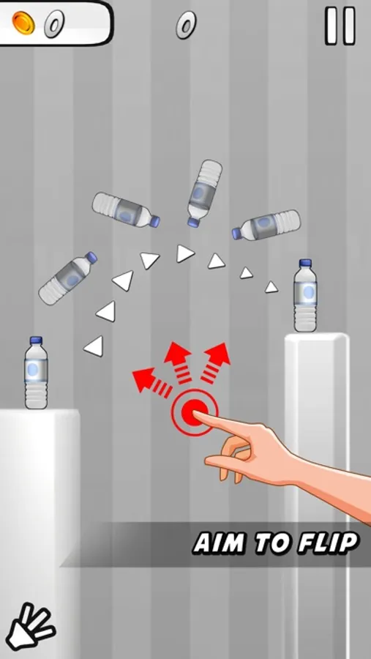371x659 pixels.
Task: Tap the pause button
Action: [341, 26]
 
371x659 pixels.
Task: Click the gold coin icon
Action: [24, 23]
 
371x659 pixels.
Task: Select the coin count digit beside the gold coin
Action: [54, 24]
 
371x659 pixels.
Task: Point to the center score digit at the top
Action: [186, 24]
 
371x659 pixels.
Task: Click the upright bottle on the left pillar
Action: [36, 373]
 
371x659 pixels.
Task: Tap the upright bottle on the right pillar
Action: [305, 296]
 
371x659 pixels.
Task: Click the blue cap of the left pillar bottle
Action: [36, 340]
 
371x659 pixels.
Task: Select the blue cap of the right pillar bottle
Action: [305, 263]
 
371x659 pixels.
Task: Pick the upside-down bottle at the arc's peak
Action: [204, 193]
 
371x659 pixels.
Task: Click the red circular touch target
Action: [194, 412]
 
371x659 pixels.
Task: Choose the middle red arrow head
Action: [177, 352]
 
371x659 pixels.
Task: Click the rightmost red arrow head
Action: [220, 354]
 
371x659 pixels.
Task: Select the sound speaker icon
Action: [30, 626]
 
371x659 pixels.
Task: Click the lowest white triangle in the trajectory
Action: [94, 346]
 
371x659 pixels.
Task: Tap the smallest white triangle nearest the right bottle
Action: [271, 287]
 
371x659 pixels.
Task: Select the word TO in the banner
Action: [271, 543]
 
